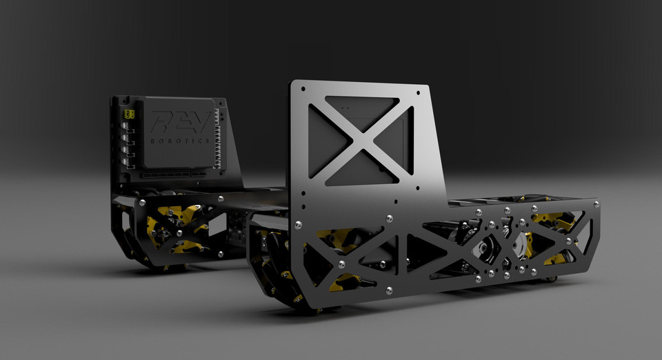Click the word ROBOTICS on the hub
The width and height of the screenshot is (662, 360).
point(181,140)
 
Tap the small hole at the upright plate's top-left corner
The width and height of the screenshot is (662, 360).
point(301,88)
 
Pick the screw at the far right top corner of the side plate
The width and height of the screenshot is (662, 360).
point(594,204)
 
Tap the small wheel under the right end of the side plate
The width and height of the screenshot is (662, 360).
point(552,279)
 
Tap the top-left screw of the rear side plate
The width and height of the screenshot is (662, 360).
point(141,203)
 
